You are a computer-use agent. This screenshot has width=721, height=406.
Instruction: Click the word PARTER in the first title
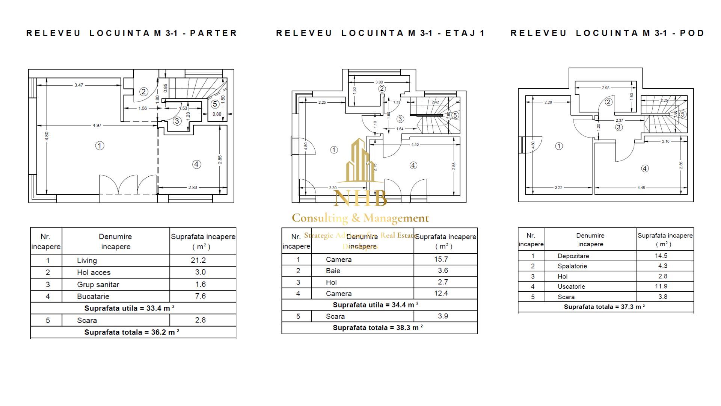[213, 33]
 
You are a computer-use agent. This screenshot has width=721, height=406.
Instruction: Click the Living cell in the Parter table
[87, 261]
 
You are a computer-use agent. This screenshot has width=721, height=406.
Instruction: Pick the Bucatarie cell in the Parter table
[93, 296]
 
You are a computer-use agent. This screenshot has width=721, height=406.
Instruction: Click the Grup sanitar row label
[98, 285]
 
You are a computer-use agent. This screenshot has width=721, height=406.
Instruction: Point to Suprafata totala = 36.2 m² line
[131, 332]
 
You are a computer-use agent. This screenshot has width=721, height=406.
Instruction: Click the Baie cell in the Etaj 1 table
[333, 271]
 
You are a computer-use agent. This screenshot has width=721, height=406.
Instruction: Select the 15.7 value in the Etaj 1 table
[441, 259]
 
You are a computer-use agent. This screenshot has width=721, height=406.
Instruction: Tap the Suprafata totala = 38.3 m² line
[378, 327]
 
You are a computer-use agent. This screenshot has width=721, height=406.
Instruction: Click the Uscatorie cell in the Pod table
[571, 286]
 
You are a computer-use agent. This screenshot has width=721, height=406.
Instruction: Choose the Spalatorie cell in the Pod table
[572, 266]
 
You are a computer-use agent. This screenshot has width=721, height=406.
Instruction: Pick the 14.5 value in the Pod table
[661, 256]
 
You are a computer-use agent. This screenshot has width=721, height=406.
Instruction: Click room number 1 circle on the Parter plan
[100, 145]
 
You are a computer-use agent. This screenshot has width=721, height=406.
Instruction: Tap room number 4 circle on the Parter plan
[196, 164]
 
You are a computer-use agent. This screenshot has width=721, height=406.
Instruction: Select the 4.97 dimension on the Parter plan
[97, 125]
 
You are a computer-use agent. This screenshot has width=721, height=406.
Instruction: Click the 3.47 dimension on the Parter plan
[78, 85]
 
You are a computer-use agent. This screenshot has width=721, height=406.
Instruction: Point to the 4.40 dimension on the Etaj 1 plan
[415, 144]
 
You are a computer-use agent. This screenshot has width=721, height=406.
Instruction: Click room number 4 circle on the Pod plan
[645, 168]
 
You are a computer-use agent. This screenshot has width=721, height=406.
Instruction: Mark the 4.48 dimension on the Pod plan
[641, 188]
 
